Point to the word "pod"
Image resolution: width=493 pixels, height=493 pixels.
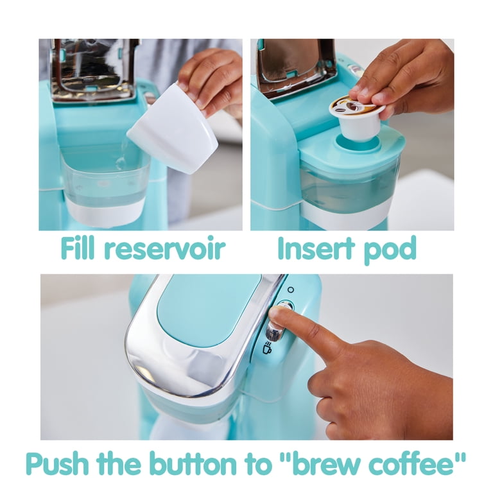tap(390, 250)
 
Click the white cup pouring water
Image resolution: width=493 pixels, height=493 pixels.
tap(173, 128)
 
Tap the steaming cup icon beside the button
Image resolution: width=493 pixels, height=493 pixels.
tap(267, 347)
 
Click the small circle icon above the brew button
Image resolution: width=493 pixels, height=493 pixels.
tap(291, 290)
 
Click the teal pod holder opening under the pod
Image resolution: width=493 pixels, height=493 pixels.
tap(357, 144)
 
